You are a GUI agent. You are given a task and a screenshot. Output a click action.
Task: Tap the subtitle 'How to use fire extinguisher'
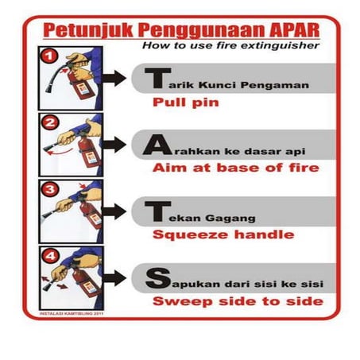(x=230, y=46)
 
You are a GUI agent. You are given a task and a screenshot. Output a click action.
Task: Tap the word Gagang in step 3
(x=231, y=215)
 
